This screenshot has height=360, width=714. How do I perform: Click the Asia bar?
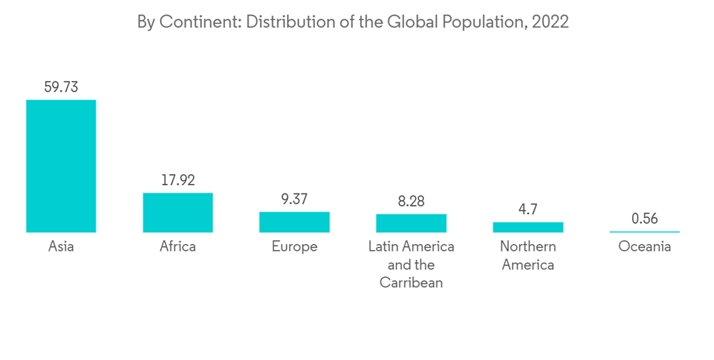coord(61,166)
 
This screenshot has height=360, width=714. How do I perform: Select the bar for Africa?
coord(178,212)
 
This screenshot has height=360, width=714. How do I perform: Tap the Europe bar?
coord(294,222)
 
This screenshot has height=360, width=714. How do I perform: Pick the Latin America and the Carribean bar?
coord(411,223)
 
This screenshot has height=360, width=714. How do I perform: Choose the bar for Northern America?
coord(528,227)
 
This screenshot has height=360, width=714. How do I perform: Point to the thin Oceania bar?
coord(645,231)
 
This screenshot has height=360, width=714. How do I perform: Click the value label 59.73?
coord(61,87)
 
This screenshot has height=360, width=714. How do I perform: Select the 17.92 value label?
coord(178,180)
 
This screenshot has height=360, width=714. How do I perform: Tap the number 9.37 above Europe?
coord(294,199)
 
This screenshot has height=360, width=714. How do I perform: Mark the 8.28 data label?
coord(411,201)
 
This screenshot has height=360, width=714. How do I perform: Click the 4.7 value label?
coord(528,209)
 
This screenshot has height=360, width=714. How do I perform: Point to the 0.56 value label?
coord(645,219)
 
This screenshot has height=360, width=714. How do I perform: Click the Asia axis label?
coord(61,247)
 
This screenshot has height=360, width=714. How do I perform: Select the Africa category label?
coord(178,247)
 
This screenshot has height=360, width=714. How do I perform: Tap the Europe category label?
coord(294,247)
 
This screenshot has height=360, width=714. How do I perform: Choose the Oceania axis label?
coord(645,247)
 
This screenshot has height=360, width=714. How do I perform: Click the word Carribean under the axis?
coord(411,283)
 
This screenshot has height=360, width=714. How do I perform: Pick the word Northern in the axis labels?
coord(528,247)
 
